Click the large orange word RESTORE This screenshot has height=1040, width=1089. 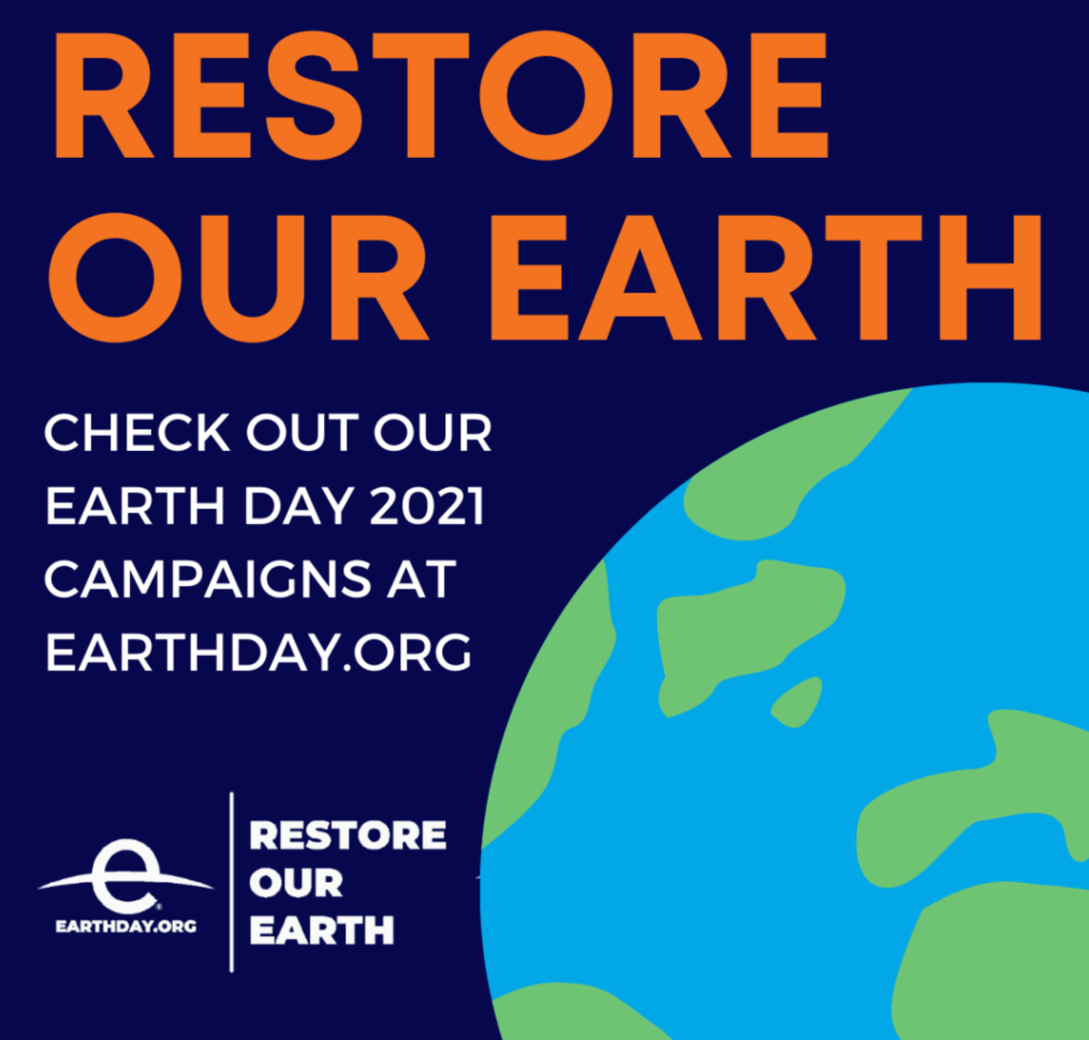pyautogui.click(x=441, y=95)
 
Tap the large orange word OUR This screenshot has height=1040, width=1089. pyautogui.click(x=238, y=277)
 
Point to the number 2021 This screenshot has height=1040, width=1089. pyautogui.click(x=428, y=506)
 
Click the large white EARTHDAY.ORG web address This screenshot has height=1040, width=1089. pyautogui.click(x=258, y=652)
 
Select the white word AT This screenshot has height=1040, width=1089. pyautogui.click(x=421, y=579)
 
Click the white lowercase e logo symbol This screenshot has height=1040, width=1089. pyautogui.click(x=125, y=876)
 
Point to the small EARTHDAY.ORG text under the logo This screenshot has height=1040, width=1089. pyautogui.click(x=126, y=926)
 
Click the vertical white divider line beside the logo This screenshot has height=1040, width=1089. pyautogui.click(x=232, y=882)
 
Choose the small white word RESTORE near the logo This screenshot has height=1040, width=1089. pyautogui.click(x=347, y=836)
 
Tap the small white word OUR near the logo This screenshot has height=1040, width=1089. pyautogui.click(x=296, y=883)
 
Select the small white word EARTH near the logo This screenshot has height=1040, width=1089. pyautogui.click(x=322, y=930)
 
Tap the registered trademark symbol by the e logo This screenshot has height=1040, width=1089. pyautogui.click(x=158, y=906)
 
